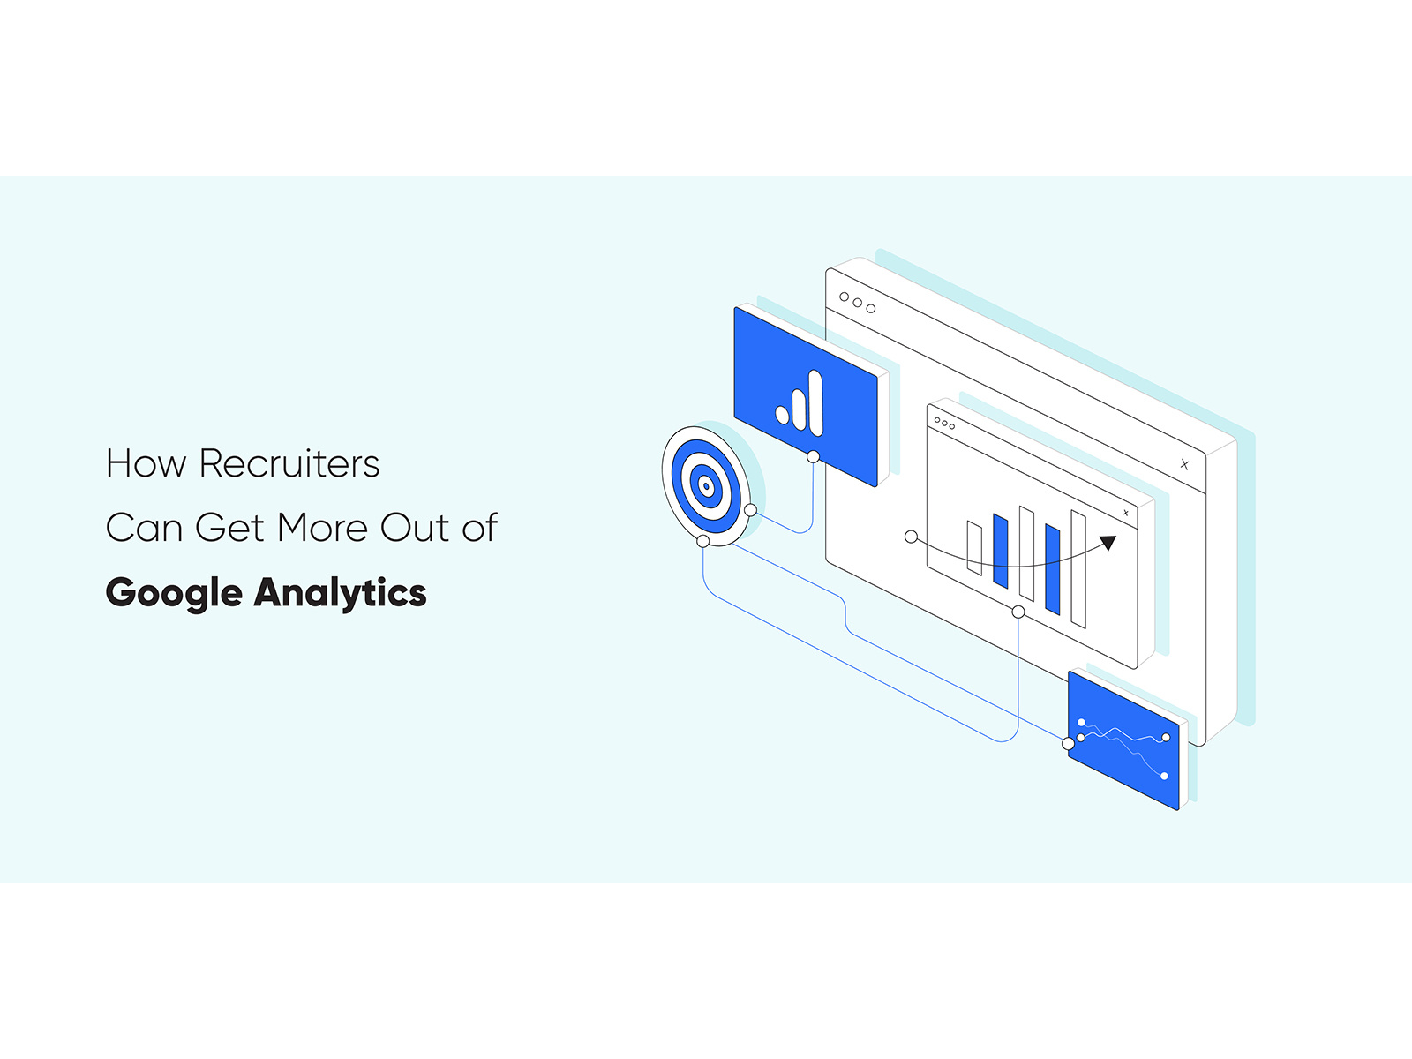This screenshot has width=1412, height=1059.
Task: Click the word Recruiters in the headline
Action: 289,463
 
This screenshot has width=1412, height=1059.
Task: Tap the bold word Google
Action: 174,593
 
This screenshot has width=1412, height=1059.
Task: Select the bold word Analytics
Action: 341,593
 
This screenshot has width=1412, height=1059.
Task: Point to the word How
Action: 146,463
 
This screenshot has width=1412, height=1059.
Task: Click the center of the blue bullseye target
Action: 706,487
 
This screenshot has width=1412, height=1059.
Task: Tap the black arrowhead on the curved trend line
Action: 1108,543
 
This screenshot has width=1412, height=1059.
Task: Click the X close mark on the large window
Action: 1184,464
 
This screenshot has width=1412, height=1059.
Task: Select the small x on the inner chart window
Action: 1126,513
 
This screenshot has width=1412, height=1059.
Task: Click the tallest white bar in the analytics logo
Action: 815,402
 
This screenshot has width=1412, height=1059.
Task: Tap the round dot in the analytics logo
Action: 782,415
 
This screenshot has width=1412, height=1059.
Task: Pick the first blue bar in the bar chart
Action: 1000,551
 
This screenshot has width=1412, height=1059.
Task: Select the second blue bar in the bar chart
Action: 1053,570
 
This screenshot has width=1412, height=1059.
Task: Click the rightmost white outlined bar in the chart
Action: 1078,569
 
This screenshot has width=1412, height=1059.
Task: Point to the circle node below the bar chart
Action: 1018,612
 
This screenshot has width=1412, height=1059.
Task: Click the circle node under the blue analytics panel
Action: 813,456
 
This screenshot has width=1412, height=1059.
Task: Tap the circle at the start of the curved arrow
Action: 911,537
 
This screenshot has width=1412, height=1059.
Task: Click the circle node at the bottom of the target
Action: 703,541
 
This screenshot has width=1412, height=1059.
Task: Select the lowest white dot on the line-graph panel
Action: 1164,776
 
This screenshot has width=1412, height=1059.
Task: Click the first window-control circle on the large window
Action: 844,297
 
